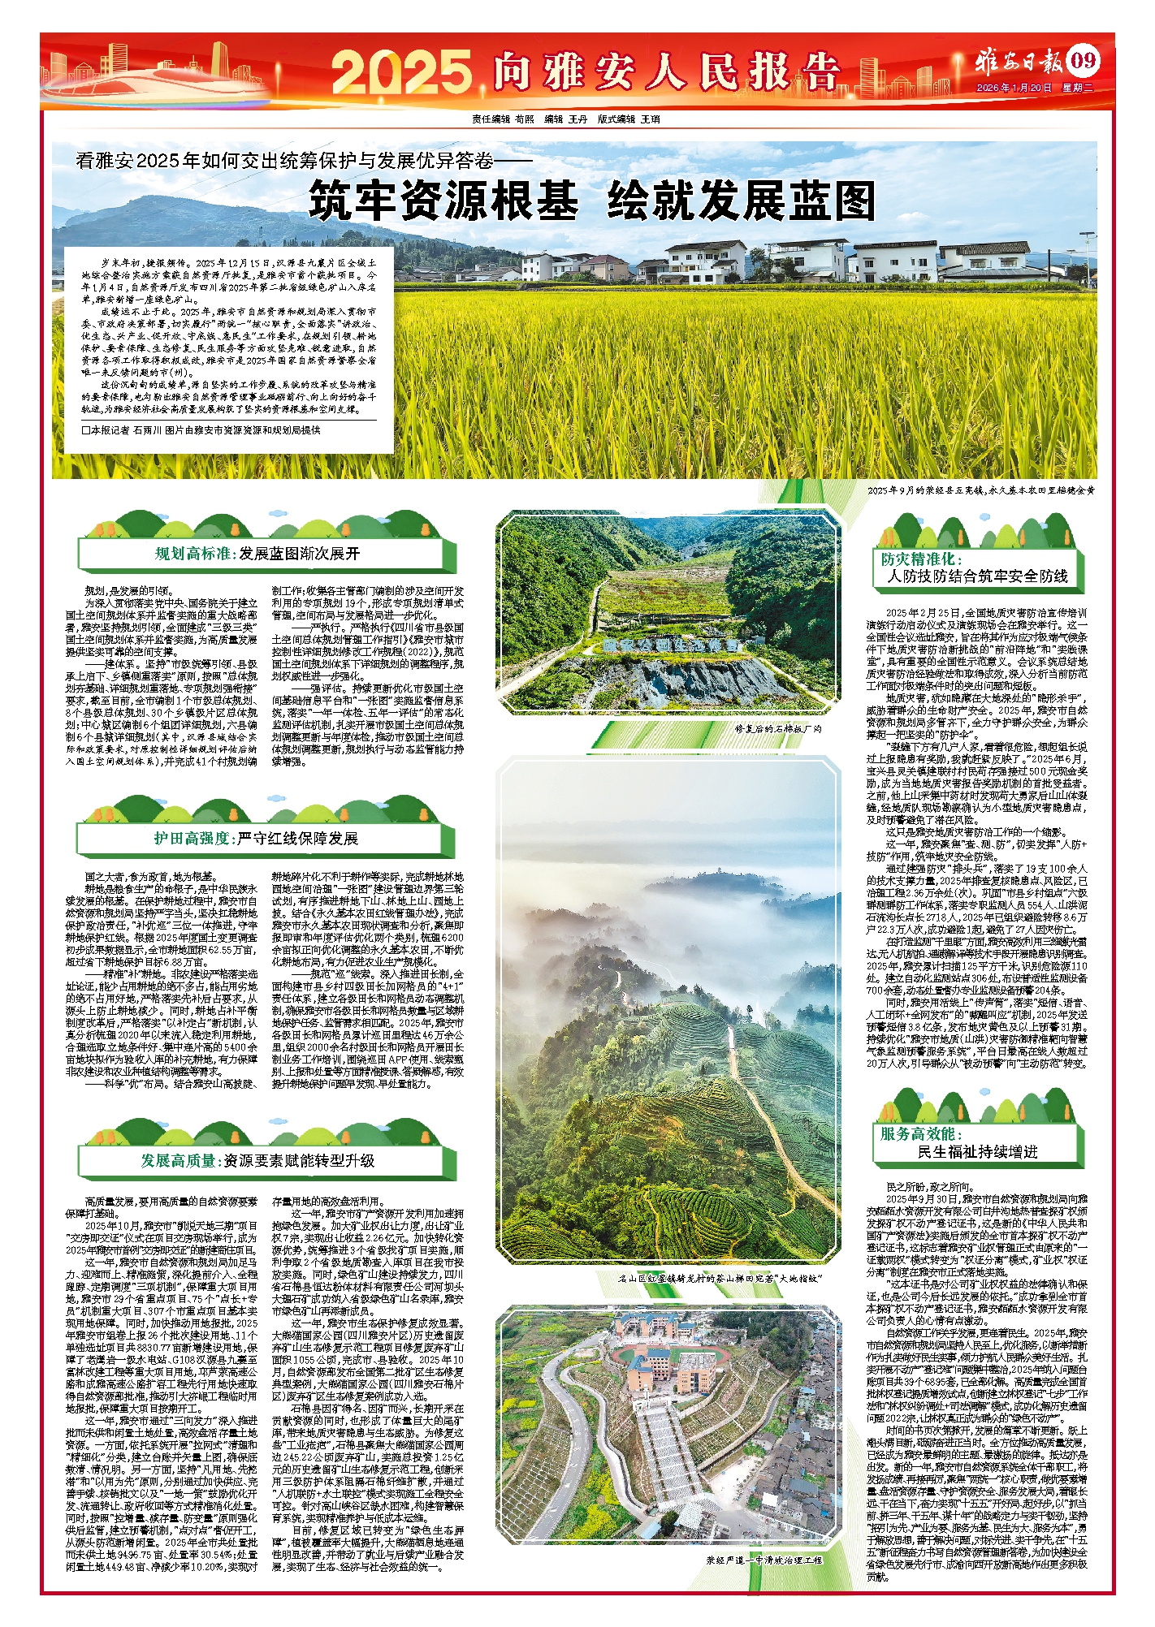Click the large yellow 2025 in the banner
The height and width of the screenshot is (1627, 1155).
point(401,71)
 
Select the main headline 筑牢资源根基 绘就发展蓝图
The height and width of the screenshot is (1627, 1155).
point(591,201)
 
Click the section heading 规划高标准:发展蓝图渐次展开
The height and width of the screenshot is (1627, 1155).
point(257,554)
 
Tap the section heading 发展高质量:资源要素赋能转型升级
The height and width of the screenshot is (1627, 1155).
point(257,1160)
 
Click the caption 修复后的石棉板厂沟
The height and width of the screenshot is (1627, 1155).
point(778,728)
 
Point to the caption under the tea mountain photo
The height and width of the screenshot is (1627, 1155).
point(720,1278)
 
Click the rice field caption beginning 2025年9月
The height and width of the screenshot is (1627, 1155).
point(980,490)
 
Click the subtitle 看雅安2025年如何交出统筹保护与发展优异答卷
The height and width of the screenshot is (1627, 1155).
point(305,161)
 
